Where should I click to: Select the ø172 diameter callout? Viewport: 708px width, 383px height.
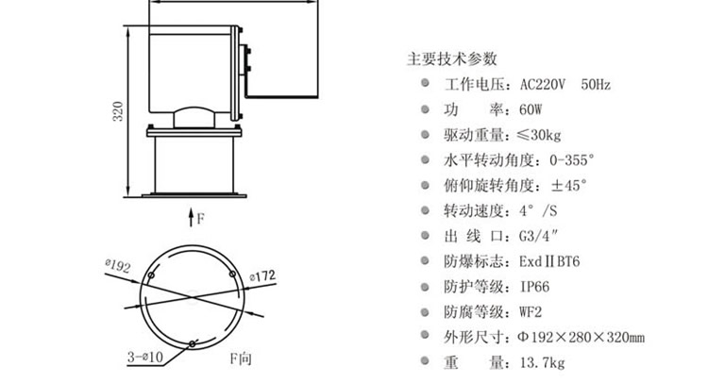coord(262,275)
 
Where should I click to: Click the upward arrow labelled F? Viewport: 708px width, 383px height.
coord(189,218)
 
